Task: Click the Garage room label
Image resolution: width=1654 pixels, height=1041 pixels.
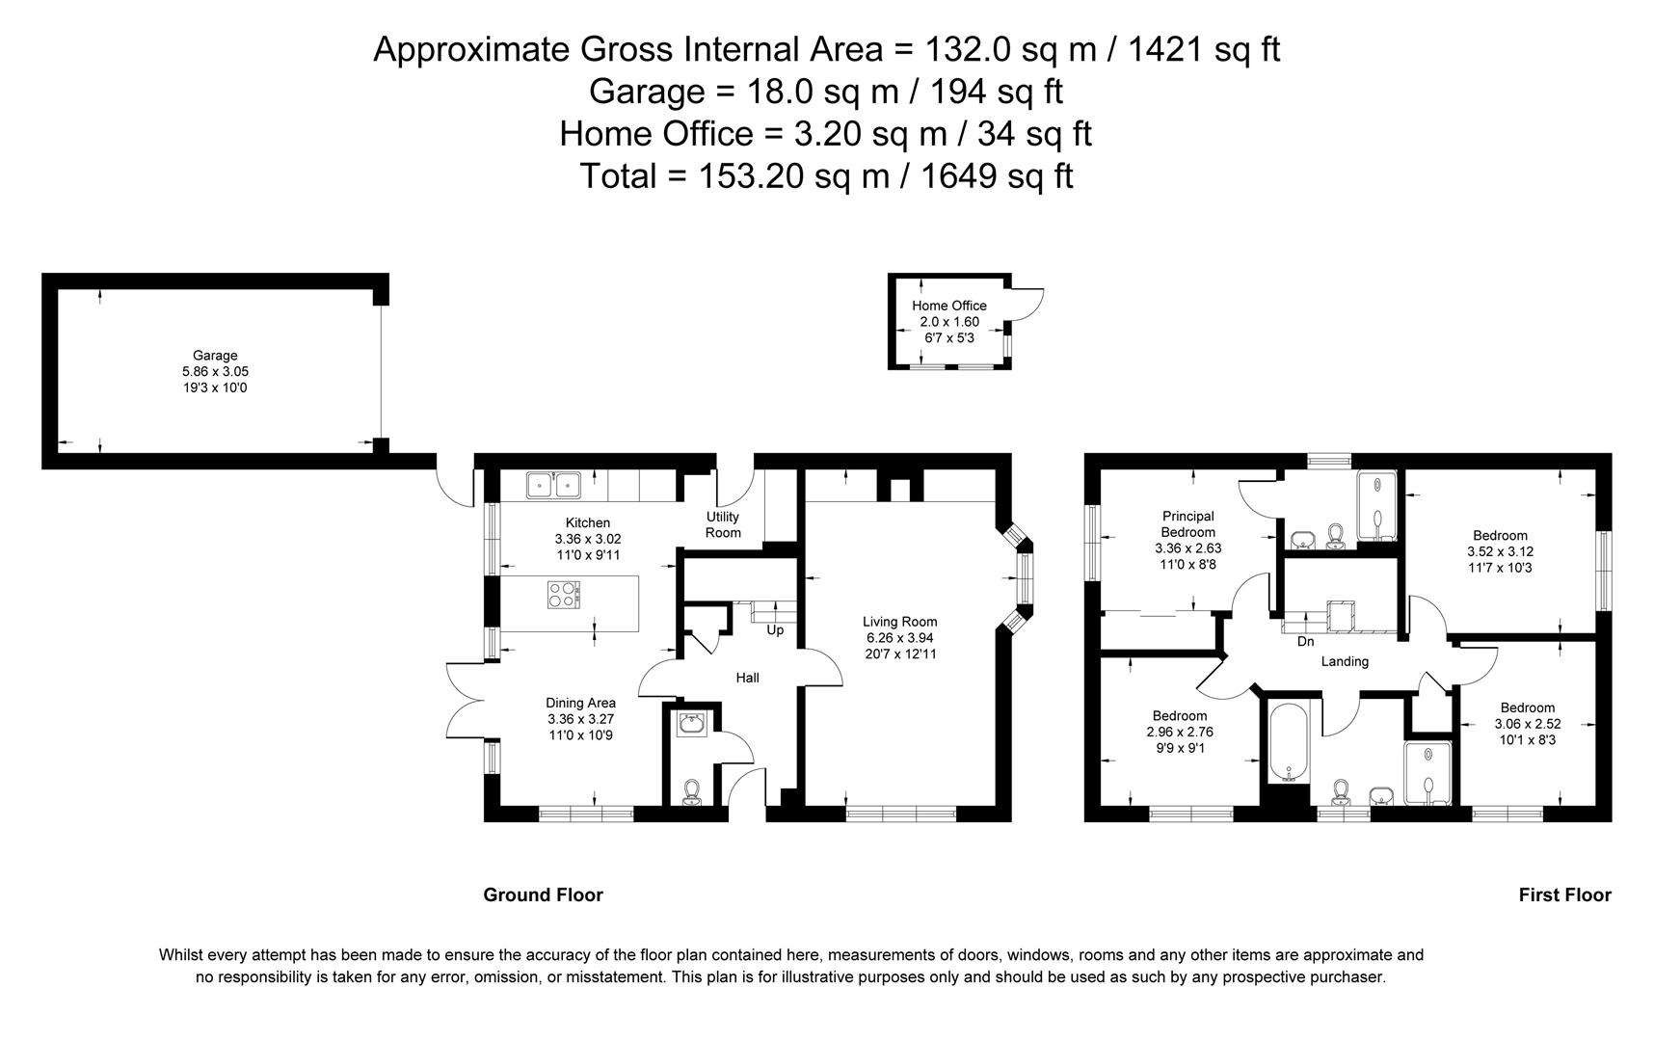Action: [214, 356]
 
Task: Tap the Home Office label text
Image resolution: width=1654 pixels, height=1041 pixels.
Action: [948, 306]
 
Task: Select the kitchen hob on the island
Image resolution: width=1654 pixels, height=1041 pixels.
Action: [564, 595]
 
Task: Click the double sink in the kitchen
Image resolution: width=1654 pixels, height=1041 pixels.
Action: [553, 485]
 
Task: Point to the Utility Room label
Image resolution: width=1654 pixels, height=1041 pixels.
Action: [723, 525]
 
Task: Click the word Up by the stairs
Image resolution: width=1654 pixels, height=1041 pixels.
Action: [775, 630]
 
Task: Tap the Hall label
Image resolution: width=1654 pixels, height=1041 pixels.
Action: [747, 678]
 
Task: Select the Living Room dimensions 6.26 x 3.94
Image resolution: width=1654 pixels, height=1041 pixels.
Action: [899, 638]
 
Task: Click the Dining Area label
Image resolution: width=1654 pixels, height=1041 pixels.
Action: [580, 703]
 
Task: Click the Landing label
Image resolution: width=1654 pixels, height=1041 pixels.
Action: [1344, 661]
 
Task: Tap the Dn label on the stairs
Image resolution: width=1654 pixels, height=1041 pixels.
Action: [1305, 642]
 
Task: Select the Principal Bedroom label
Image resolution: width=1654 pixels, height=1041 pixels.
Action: [1187, 524]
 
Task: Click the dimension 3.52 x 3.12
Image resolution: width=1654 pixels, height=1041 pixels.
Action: [1500, 552]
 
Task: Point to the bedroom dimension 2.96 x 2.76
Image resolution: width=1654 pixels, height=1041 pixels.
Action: [1179, 732]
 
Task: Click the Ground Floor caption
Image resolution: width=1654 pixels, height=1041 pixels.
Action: [543, 894]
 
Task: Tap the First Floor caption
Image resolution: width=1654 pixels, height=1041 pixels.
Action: [1564, 894]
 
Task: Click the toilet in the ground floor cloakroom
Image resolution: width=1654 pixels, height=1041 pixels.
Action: [690, 792]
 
